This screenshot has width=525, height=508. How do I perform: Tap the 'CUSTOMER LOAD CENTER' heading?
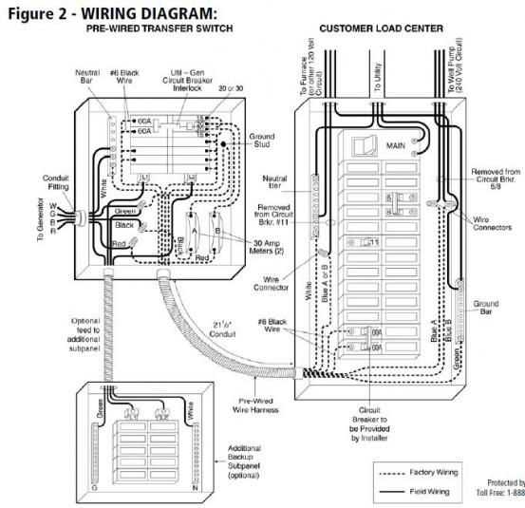(381, 28)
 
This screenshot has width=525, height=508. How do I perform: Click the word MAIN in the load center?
(395, 145)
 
